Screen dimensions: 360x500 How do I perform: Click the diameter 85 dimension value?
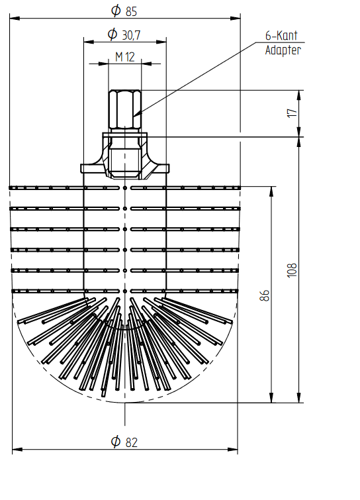(131, 11)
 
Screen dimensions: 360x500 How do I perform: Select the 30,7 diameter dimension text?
(131, 34)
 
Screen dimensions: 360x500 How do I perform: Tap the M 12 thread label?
(125, 57)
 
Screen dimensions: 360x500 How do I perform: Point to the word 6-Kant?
(281, 35)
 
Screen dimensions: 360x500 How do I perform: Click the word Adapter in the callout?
(283, 50)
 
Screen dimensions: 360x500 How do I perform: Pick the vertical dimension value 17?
(292, 113)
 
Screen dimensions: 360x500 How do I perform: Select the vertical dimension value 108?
(292, 270)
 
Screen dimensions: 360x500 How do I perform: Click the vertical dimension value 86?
(265, 295)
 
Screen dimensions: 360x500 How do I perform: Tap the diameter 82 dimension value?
(132, 442)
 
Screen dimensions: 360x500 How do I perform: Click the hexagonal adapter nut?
(124, 109)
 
